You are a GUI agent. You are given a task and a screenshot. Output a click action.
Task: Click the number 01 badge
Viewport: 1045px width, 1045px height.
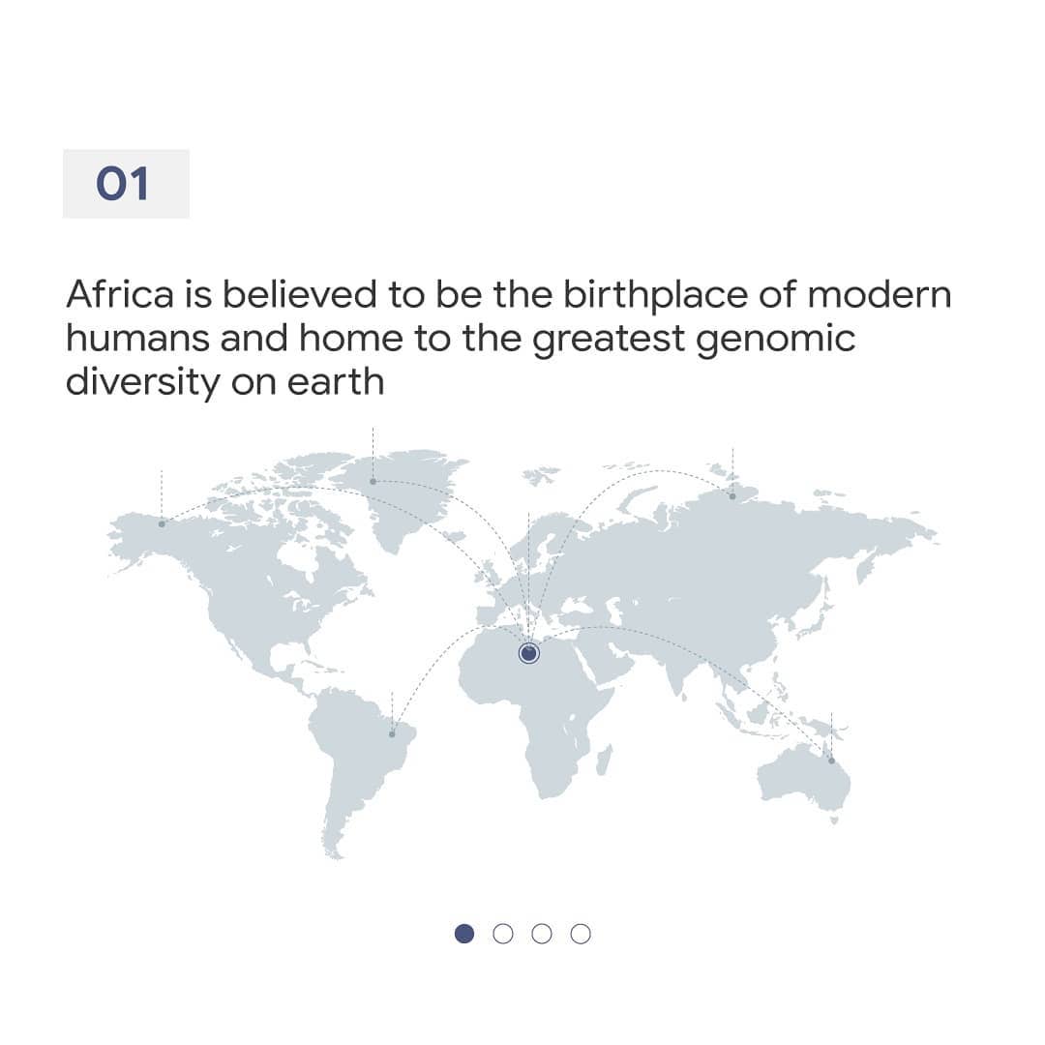click(126, 183)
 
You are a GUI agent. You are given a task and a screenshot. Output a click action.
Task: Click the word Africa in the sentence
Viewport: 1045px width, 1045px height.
click(120, 294)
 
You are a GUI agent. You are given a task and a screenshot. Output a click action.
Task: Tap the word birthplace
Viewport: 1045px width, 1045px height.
click(655, 295)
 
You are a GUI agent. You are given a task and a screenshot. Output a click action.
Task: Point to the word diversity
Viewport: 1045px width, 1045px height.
click(142, 383)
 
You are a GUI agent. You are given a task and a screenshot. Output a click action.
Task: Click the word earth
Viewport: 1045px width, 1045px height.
click(335, 382)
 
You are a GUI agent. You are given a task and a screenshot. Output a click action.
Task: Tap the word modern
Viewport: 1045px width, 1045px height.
click(879, 294)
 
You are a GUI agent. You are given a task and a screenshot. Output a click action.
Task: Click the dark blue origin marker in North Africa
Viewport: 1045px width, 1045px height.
click(528, 653)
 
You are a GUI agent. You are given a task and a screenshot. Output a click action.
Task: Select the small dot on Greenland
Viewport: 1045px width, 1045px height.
click(373, 481)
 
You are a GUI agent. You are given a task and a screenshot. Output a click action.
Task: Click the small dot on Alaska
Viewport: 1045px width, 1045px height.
click(162, 523)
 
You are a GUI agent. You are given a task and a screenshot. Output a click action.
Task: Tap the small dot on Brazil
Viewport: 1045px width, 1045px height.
click(392, 734)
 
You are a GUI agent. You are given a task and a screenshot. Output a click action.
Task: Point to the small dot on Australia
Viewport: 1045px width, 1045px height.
click(831, 761)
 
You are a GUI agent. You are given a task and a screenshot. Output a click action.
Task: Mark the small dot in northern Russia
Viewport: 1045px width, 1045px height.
click(732, 495)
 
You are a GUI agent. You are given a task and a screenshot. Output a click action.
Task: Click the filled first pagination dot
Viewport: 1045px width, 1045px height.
click(463, 934)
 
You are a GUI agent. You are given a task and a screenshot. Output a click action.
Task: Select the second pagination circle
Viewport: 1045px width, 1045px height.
click(503, 934)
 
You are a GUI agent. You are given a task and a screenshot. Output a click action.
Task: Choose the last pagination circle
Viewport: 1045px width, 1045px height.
click(581, 934)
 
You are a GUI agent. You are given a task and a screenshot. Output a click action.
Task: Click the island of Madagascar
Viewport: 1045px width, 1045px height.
click(604, 760)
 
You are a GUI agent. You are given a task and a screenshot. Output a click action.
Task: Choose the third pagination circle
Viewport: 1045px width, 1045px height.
click(542, 934)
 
